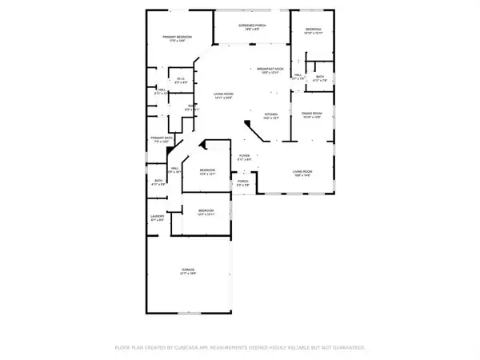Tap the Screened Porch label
[250, 26]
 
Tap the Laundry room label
[158, 217]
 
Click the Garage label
[189, 270]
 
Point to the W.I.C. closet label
[181, 78]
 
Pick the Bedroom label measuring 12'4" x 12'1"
[207, 170]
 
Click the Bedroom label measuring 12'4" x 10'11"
[207, 211]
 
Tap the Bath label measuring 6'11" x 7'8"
[321, 77]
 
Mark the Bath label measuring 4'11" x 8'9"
[159, 181]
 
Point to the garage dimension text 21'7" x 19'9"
[189, 274]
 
